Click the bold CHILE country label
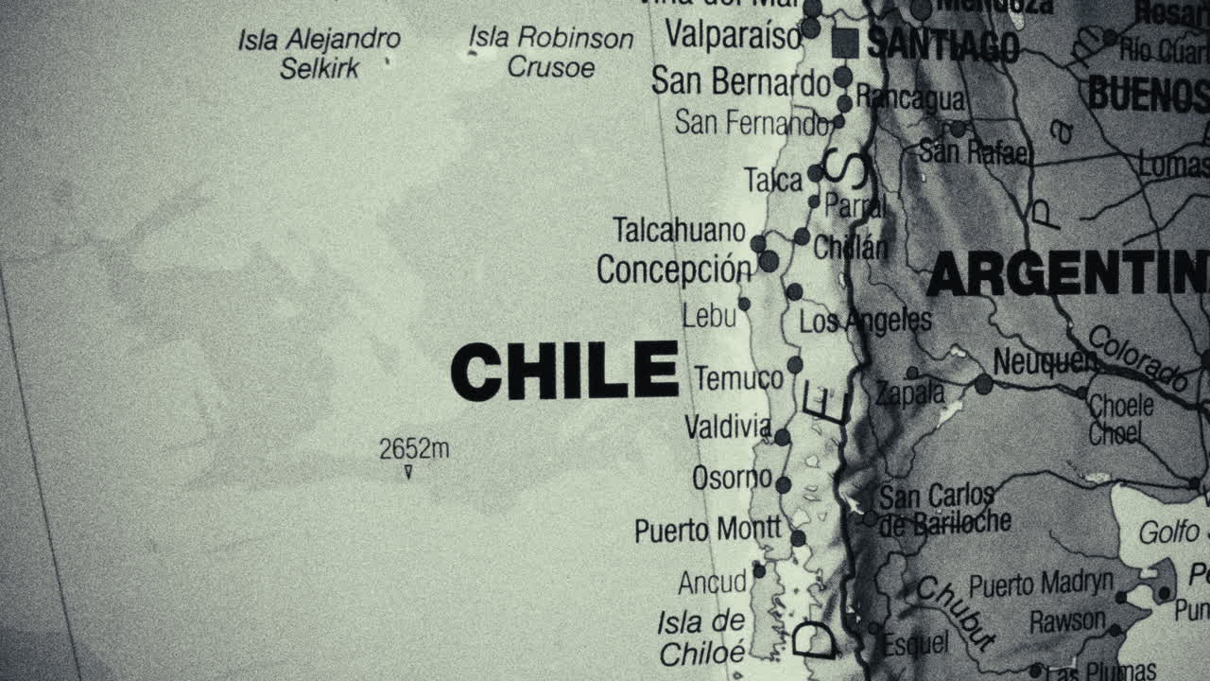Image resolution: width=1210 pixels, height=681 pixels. [564, 371]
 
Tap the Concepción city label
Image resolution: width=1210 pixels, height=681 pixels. [673, 270]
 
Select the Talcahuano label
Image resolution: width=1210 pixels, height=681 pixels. [679, 230]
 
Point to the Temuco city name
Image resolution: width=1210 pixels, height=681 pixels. [739, 379]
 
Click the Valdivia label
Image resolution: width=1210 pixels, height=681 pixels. [728, 428]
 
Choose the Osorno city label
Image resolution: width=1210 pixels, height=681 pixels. [732, 479]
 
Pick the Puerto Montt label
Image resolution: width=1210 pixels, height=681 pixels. [708, 530]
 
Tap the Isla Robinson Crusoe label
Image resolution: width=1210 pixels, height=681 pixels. [551, 53]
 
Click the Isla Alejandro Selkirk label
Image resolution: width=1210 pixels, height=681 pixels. [320, 53]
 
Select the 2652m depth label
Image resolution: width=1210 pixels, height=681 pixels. [414, 448]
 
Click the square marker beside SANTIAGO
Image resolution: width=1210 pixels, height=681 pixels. [844, 43]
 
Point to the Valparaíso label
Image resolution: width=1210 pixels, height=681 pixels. [734, 35]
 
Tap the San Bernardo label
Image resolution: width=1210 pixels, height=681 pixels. [740, 82]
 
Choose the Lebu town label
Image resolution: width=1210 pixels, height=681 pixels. [709, 316]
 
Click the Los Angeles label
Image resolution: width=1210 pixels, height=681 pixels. [865, 322]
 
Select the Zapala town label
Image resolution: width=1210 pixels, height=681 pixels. [909, 393]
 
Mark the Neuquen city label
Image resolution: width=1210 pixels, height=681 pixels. [1045, 361]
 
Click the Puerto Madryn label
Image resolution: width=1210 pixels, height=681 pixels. [1042, 584]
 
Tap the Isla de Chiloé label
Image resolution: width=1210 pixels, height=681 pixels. [702, 637]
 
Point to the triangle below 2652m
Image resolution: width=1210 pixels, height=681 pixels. [408, 471]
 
